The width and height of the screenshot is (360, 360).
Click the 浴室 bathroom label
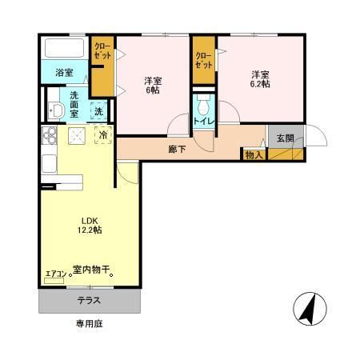[x=64, y=73]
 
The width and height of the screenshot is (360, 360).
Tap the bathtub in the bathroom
[x=64, y=48]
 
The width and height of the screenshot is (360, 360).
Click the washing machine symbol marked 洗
[x=98, y=111]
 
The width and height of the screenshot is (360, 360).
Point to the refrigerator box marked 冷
[x=104, y=136]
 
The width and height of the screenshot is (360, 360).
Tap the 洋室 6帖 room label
[x=154, y=85]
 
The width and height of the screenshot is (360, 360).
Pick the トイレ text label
[x=203, y=122]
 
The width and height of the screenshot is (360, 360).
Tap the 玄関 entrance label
[x=285, y=138]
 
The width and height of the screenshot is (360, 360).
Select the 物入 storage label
[x=254, y=154]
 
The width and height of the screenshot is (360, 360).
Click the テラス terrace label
[x=89, y=301]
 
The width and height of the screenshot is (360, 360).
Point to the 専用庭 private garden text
[x=90, y=324]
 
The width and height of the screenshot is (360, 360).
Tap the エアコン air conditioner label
[x=54, y=274]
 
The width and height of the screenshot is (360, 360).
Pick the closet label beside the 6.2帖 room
[x=203, y=61]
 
